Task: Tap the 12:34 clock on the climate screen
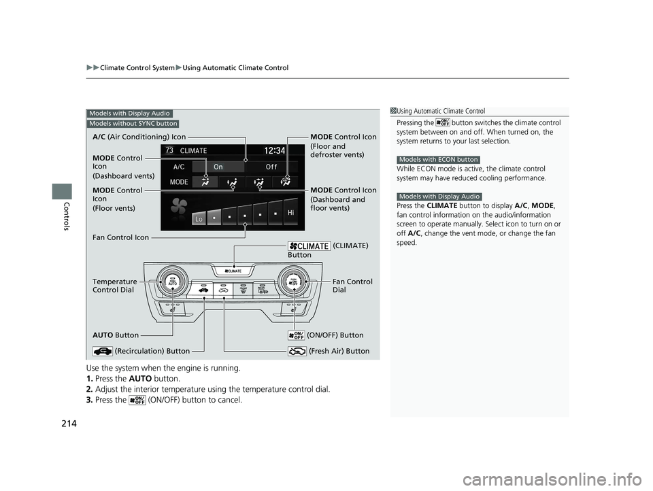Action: [x=274, y=150]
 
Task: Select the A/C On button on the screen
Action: [x=218, y=167]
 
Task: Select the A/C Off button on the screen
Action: [x=271, y=167]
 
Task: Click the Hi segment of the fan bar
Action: [x=290, y=212]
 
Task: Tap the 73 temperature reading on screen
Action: [x=169, y=150]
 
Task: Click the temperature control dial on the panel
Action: [x=172, y=282]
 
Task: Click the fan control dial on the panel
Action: [x=294, y=282]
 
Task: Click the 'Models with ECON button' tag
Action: [x=439, y=160]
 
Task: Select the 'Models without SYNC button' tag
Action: [x=133, y=124]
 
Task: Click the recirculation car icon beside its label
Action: [x=103, y=352]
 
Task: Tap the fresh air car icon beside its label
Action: [x=297, y=352]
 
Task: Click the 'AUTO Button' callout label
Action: [x=116, y=335]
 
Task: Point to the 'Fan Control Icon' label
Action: [x=120, y=237]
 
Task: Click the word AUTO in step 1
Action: [x=140, y=379]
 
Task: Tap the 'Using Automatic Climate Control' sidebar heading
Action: [x=441, y=112]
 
